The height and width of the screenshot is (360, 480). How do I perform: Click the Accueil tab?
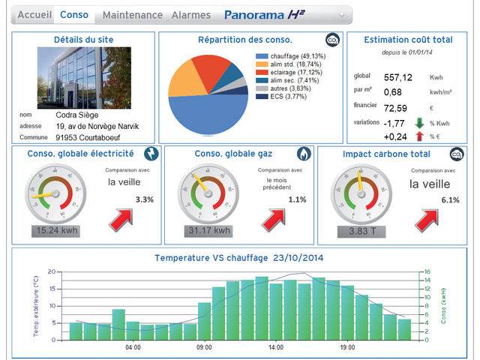pos(34,15)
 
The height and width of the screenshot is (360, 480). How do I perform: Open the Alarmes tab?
pos(190,15)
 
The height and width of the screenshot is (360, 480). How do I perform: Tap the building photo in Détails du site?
pos(83,77)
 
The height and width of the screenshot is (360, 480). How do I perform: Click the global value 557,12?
pos(397,77)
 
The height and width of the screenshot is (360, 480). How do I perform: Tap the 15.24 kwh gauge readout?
pos(55,230)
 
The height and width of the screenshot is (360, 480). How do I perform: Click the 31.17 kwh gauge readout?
pos(205,230)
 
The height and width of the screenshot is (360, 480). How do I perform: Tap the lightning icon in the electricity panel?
pos(151,154)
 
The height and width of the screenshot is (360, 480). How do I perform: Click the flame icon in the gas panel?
pos(303,154)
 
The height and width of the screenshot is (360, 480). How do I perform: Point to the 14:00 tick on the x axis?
pos(275,348)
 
